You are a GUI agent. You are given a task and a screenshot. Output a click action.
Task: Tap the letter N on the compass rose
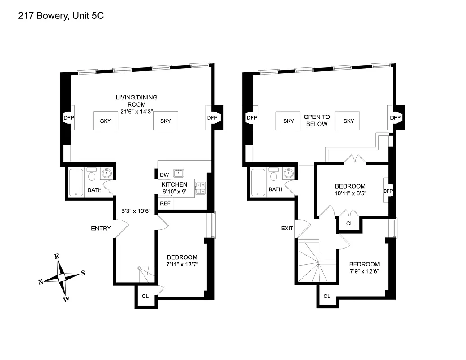point(41,282)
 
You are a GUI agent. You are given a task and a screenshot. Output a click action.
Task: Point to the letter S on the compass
point(83,273)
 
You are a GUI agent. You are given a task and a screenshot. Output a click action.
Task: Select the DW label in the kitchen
point(164,175)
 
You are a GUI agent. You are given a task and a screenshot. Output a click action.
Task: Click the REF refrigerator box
point(165,203)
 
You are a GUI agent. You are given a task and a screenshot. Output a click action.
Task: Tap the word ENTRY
point(100,229)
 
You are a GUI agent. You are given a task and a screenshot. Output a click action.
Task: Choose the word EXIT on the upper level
point(287,228)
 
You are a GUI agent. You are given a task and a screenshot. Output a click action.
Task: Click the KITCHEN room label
point(174,184)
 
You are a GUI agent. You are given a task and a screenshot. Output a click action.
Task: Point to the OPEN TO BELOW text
point(317,121)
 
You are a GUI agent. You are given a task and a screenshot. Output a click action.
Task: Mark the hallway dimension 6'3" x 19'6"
point(136,210)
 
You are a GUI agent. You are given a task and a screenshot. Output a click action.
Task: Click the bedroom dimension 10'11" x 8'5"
point(350,194)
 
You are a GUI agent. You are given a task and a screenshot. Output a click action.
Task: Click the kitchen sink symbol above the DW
point(180,172)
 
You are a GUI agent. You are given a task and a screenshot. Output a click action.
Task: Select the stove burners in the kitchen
point(200,188)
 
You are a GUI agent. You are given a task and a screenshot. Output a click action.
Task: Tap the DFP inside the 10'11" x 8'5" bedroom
point(388,191)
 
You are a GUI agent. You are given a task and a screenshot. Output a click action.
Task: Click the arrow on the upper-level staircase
point(319,252)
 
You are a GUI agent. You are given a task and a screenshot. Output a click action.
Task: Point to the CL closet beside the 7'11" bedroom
point(145,296)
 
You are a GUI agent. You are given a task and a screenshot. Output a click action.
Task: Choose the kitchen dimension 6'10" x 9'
point(174,192)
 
